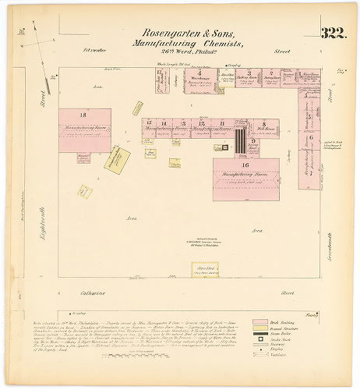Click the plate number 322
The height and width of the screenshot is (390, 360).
coord(332,33)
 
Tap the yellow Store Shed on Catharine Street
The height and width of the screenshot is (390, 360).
coord(205,269)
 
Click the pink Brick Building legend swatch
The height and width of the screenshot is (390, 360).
coord(259,321)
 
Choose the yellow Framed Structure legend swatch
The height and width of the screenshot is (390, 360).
coord(259,327)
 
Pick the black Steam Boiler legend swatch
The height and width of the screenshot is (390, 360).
coord(259,333)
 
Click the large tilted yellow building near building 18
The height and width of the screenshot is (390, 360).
coord(118,158)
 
